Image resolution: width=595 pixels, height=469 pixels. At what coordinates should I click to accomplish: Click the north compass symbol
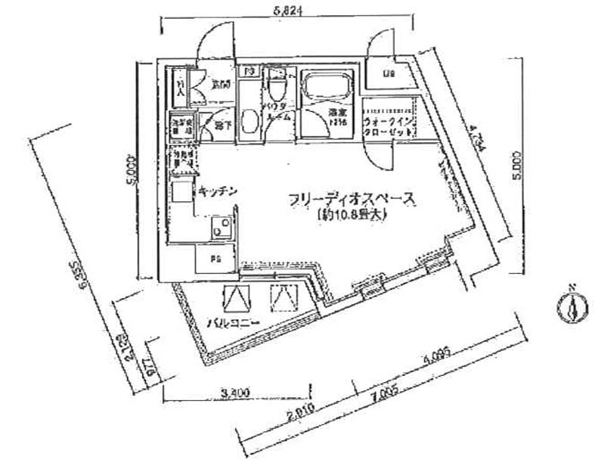[572, 306]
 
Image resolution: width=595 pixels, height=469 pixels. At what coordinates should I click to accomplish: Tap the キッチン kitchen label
[219, 192]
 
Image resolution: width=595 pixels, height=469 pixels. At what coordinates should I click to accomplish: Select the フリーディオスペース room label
[352, 200]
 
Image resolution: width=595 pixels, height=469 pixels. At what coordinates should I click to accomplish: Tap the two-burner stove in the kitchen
[222, 227]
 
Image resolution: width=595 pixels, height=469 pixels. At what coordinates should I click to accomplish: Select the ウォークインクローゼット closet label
[389, 125]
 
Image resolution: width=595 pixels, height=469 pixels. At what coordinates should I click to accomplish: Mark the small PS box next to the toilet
[249, 73]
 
